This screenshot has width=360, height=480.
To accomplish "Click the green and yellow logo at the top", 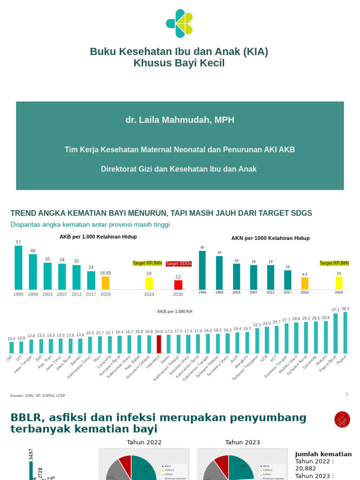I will point(180,23).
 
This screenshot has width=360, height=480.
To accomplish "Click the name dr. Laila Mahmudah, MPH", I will point(180,120).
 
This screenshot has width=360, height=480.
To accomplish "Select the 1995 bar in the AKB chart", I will point(18,267).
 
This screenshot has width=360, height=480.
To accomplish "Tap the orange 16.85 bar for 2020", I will point(105,283).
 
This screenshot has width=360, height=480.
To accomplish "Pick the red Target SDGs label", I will point(179,263).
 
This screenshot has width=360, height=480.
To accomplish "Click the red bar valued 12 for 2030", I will point(178,285).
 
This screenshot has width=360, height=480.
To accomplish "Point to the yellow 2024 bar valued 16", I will point(149,283).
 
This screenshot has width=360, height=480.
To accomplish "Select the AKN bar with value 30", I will point(202,270).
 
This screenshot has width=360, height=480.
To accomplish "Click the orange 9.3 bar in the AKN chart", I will point(305,283).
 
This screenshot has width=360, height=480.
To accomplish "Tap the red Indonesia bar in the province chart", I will point(159,344).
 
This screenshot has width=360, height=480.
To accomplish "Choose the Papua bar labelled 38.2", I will point(345,332).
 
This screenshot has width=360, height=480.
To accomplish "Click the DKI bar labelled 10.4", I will point(12,347).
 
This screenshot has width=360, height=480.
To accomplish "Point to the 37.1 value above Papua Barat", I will point(335,310).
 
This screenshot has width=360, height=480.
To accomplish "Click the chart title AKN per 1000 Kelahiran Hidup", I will point(270,238).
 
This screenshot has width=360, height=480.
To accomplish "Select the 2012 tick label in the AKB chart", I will point(76,294).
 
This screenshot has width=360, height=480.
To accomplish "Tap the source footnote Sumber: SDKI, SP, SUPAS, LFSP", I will point(37,396).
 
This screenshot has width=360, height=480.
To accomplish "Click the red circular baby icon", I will point(342,419).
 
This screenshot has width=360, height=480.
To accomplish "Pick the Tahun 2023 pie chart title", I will point(242,442).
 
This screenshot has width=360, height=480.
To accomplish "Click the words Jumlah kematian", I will point(323,454).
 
